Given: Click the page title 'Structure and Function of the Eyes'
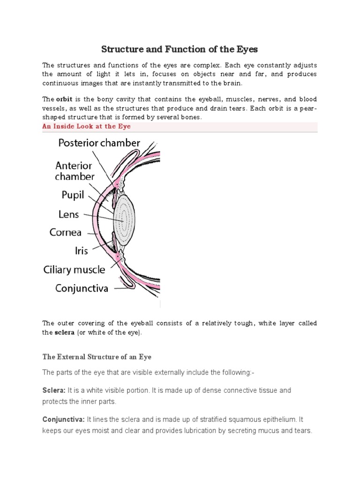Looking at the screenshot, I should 180,49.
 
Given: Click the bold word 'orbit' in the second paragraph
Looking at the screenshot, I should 64,99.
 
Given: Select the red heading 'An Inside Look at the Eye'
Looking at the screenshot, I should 87,126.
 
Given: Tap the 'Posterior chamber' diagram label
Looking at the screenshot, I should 99,142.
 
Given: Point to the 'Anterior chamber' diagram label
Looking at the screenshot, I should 75,171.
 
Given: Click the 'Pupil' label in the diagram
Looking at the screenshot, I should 72,194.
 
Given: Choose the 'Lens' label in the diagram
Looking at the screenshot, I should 69,214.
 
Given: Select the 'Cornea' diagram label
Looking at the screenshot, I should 66,232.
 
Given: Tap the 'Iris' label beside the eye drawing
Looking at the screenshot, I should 81,251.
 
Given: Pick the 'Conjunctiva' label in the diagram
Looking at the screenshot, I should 82,288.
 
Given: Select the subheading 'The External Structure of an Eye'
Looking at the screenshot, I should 97,357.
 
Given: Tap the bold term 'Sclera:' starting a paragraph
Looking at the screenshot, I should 54,390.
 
